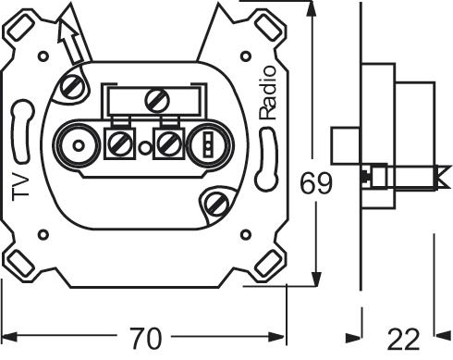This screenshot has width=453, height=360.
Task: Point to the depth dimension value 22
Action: pos(403,340)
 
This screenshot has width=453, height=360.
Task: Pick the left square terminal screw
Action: pos(118,143)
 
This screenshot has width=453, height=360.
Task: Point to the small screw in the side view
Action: pos(377,173)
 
